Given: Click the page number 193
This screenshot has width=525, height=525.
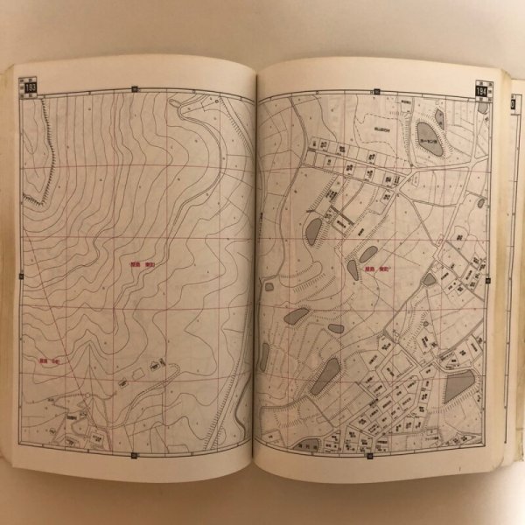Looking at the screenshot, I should (31, 88).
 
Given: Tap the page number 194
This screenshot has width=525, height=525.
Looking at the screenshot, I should (481, 90).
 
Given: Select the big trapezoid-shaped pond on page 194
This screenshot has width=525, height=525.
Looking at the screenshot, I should (458, 385).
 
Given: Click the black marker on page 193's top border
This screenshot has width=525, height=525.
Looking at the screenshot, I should (134, 87).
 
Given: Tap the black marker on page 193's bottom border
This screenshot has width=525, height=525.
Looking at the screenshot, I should (133, 454).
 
